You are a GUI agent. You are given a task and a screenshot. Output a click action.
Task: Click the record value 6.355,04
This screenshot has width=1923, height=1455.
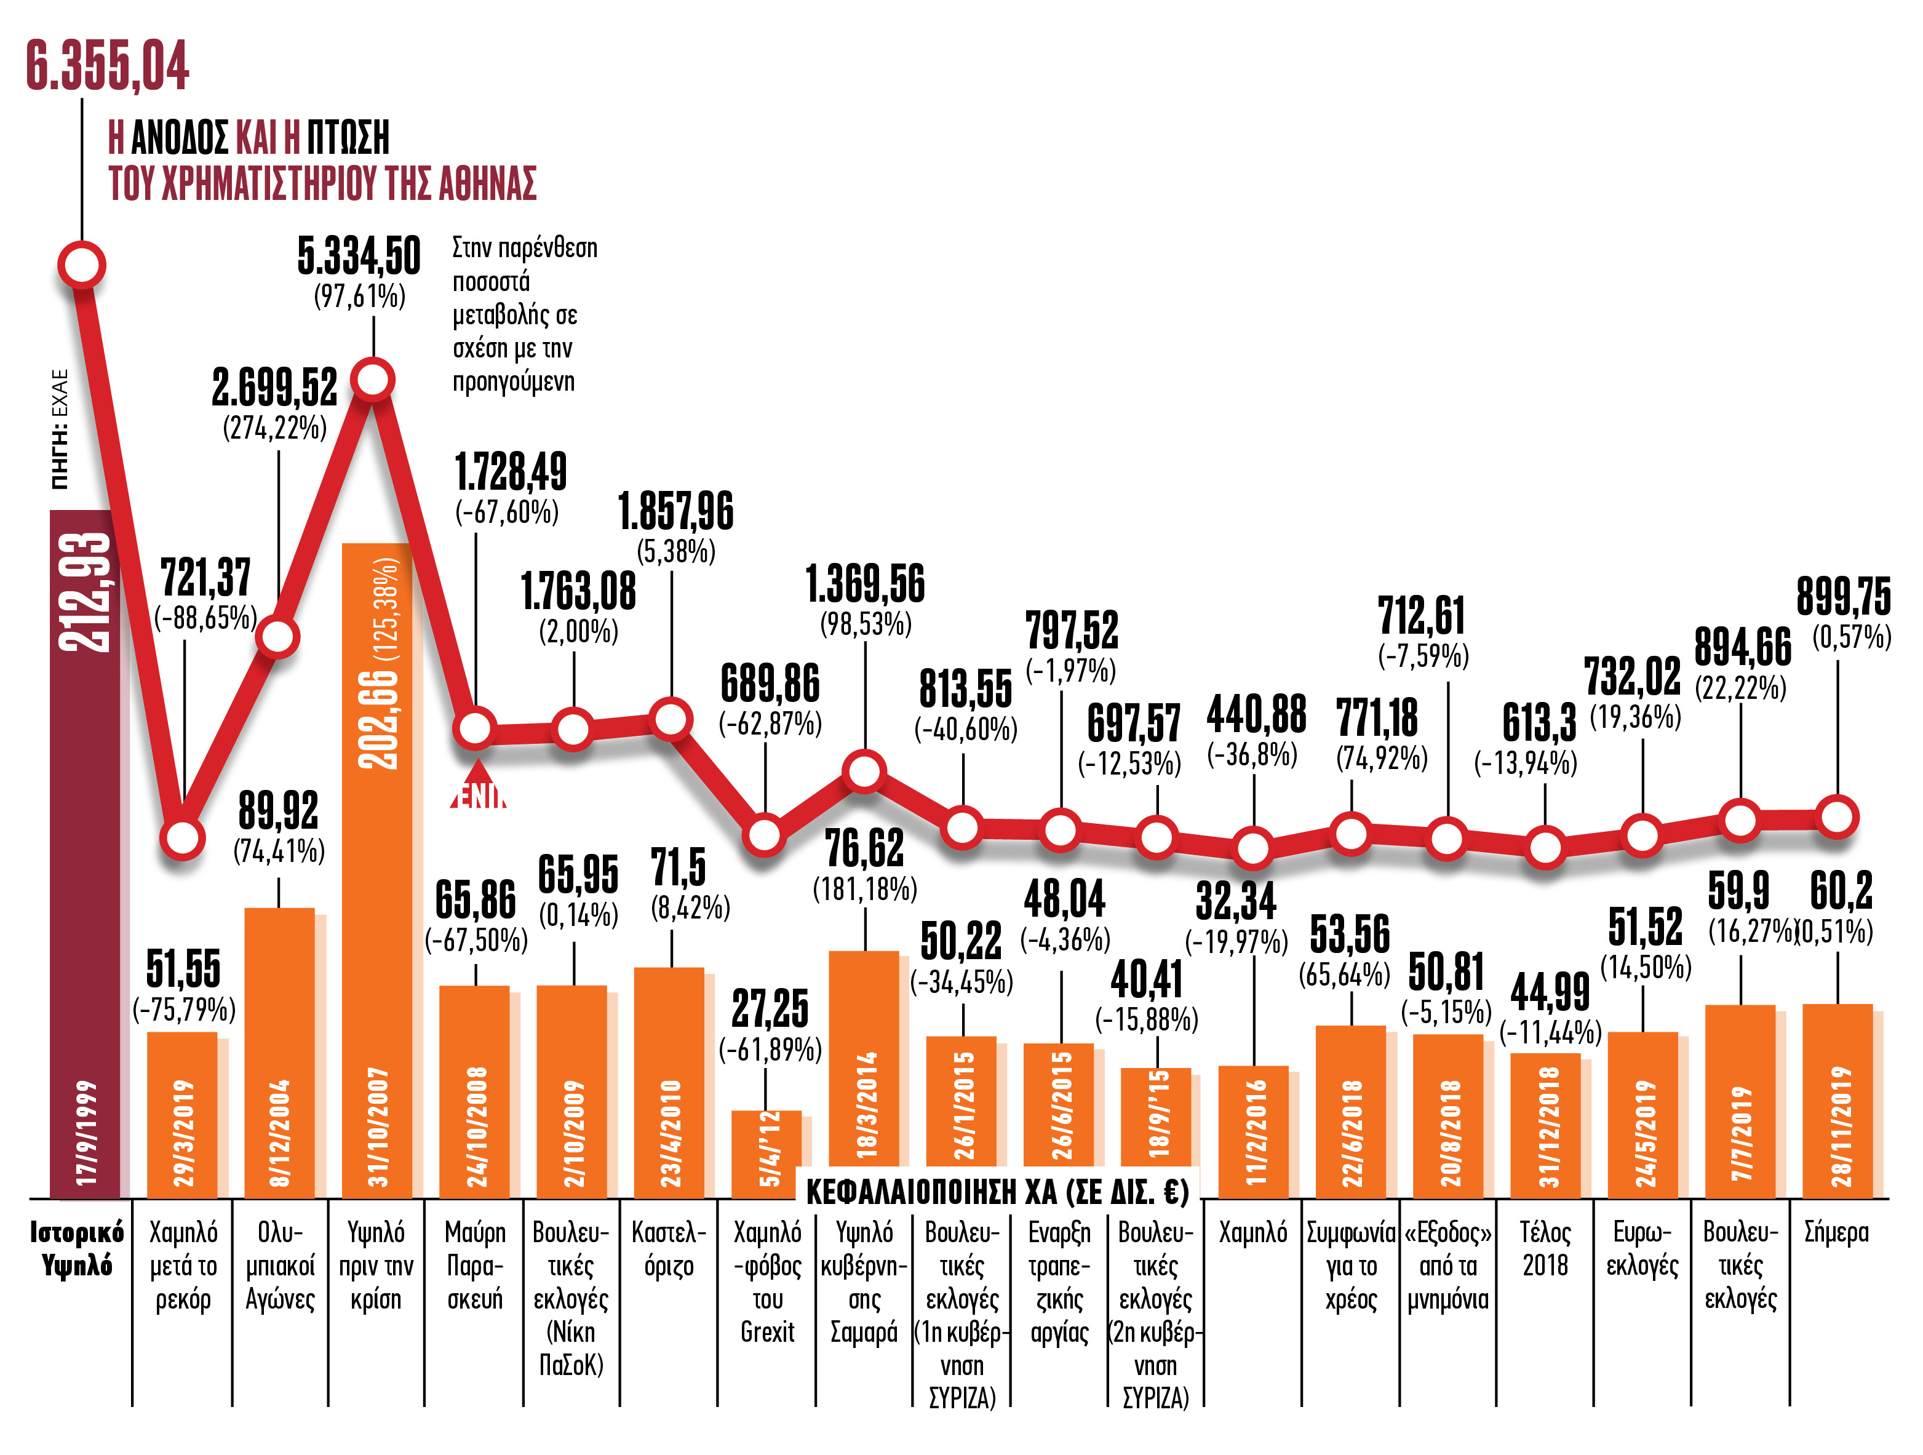click(x=107, y=66)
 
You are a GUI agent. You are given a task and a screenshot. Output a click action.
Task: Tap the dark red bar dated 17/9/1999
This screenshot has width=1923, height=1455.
click(x=84, y=852)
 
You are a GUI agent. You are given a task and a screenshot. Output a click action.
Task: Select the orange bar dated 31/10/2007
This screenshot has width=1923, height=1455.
click(x=376, y=869)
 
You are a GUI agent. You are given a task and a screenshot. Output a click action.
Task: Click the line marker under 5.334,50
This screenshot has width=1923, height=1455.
click(x=373, y=380)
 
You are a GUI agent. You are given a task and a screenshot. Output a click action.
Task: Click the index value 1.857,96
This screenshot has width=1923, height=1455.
click(x=675, y=511)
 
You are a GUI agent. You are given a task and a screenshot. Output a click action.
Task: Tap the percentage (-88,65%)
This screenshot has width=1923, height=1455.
click(x=205, y=618)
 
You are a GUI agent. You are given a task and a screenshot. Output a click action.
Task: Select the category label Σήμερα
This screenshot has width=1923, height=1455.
click(x=1836, y=1232)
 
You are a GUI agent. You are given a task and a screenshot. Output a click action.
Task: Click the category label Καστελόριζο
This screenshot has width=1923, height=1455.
click(x=669, y=1249)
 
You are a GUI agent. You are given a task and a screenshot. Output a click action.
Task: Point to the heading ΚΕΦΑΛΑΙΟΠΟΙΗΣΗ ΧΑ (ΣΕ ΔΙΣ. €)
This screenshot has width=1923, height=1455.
click(x=997, y=1192)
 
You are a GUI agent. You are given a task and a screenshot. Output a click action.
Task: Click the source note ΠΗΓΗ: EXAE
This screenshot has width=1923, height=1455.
click(x=59, y=429)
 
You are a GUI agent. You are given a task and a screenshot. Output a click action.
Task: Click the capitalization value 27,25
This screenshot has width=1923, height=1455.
click(x=770, y=1008)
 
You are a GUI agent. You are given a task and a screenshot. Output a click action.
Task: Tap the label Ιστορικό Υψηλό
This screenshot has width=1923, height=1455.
click(x=76, y=1249)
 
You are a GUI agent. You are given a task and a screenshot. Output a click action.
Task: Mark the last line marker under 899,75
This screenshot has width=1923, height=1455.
click(x=1837, y=817)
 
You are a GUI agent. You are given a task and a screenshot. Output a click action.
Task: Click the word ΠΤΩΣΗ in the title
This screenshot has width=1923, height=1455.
click(x=348, y=137)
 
